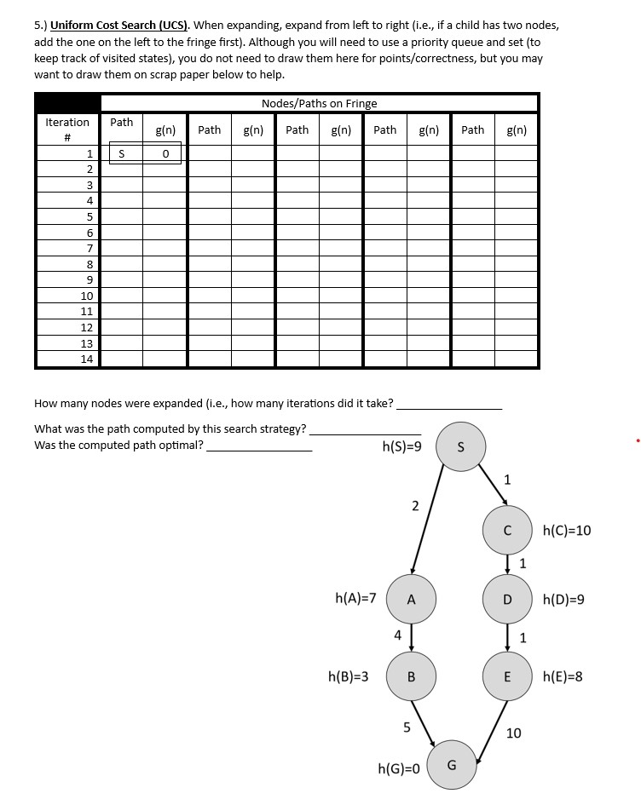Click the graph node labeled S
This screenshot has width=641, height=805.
(461, 445)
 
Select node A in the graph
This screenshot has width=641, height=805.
(411, 599)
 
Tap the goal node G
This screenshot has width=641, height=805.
(452, 764)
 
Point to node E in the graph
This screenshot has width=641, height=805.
(507, 677)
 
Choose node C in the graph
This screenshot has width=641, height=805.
(507, 531)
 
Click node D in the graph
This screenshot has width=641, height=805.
(507, 600)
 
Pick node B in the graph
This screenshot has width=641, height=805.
(411, 677)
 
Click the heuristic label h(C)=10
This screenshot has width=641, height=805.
(567, 531)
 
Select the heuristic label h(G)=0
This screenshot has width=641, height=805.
(399, 768)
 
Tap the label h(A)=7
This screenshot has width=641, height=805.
(356, 598)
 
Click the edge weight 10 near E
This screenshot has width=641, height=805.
(514, 733)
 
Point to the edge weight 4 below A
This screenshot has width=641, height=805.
(397, 635)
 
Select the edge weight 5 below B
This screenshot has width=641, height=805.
(407, 727)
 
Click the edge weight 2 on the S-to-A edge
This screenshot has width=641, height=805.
(415, 506)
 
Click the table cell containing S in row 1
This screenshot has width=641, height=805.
(122, 153)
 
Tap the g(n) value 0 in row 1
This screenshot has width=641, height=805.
(165, 153)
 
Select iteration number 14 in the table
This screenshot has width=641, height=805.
(87, 359)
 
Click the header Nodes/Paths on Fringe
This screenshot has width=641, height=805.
(319, 103)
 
